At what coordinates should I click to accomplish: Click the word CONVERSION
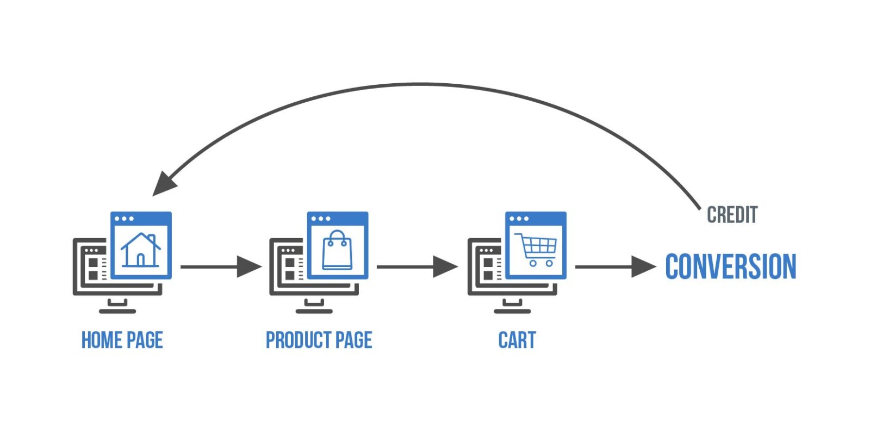pos(730,266)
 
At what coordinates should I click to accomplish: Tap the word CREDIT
pos(732,215)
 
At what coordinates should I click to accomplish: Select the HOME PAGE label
pos(122,340)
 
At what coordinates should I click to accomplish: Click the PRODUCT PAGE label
pos(319,340)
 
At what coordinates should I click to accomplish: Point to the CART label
pos(517,340)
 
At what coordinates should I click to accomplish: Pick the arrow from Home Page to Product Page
pos(220,267)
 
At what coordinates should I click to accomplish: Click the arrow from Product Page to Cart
pos(417,267)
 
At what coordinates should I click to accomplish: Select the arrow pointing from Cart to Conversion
pos(614,267)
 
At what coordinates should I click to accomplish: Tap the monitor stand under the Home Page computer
pos(117,307)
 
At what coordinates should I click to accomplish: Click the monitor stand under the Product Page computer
pos(314,307)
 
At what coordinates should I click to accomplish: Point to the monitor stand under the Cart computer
pos(512,307)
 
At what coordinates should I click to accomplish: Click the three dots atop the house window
pos(124,219)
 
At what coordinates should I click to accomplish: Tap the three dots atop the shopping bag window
pos(321,219)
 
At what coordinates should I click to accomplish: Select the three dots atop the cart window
pos(519,219)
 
